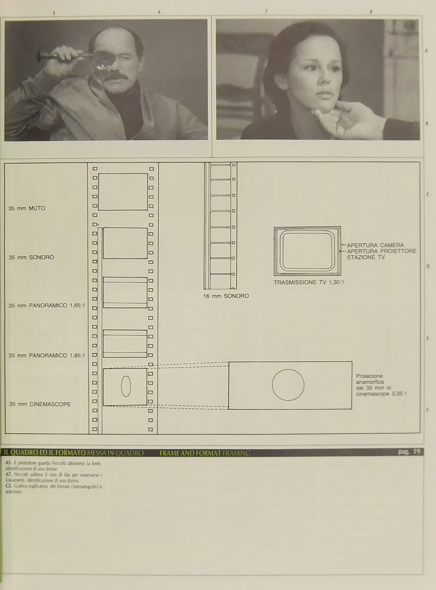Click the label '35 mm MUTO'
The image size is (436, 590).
(x=27, y=208)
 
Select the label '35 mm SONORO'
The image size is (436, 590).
(x=31, y=257)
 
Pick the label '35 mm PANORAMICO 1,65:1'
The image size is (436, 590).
(x=47, y=305)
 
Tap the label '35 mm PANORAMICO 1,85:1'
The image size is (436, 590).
(x=47, y=355)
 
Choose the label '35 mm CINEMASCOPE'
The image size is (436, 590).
(x=40, y=404)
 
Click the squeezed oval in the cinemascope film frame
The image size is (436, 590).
(x=126, y=386)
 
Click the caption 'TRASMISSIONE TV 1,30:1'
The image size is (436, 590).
(x=309, y=282)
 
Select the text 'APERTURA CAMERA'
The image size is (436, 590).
(x=375, y=245)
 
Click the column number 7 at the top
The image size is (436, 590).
(x=266, y=11)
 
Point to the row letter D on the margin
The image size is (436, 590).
(x=428, y=266)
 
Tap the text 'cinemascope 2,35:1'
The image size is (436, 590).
(x=381, y=394)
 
